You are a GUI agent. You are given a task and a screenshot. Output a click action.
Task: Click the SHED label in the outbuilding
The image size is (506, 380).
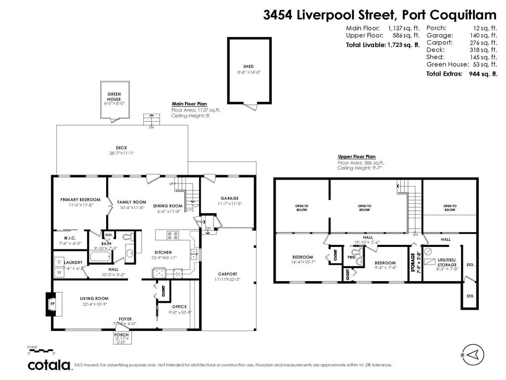248,66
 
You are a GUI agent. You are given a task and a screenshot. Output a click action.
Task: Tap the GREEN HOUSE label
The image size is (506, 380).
114,96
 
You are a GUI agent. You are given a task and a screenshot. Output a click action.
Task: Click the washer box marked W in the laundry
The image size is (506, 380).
59,272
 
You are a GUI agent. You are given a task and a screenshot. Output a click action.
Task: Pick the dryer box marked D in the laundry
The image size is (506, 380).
59,261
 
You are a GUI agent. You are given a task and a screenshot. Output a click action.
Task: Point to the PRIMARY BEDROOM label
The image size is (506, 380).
80,200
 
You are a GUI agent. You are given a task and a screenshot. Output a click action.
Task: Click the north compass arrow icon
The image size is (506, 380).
472,354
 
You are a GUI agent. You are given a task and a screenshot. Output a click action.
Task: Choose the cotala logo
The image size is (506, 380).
48,365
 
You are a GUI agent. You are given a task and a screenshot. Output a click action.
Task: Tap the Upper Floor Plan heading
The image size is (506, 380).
356,156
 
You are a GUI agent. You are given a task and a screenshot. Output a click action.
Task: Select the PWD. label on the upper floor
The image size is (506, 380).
351,257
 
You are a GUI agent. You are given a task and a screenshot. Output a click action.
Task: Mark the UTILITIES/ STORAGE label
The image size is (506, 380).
446,263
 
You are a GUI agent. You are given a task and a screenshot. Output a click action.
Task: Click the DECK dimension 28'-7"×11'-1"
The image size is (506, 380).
122,153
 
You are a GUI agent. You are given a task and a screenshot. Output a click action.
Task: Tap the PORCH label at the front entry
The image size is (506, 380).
122,334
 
